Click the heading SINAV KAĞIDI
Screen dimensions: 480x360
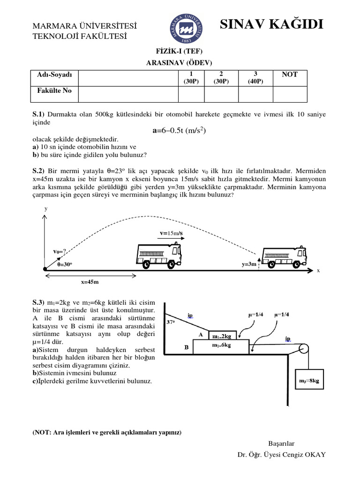[271, 24]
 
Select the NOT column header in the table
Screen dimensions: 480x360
[290, 75]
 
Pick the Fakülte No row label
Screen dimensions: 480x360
[54, 91]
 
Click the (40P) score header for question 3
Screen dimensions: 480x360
[255, 81]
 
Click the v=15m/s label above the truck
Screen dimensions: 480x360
[173, 233]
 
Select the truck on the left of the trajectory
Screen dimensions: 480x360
[159, 256]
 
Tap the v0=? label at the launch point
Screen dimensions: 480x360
[62, 251]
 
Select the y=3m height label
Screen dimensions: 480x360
[249, 264]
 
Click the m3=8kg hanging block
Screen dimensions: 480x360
[309, 381]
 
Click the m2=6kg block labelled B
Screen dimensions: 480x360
[222, 346]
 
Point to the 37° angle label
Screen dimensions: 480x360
[171, 322]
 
